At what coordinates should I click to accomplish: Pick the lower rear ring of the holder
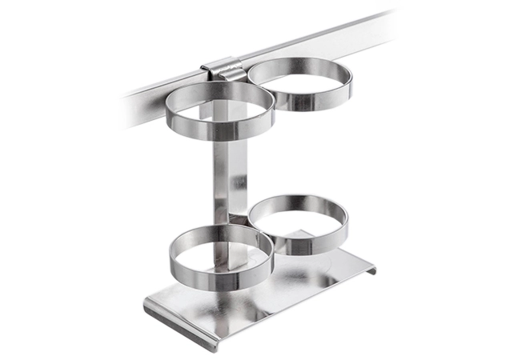tap(298, 227)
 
